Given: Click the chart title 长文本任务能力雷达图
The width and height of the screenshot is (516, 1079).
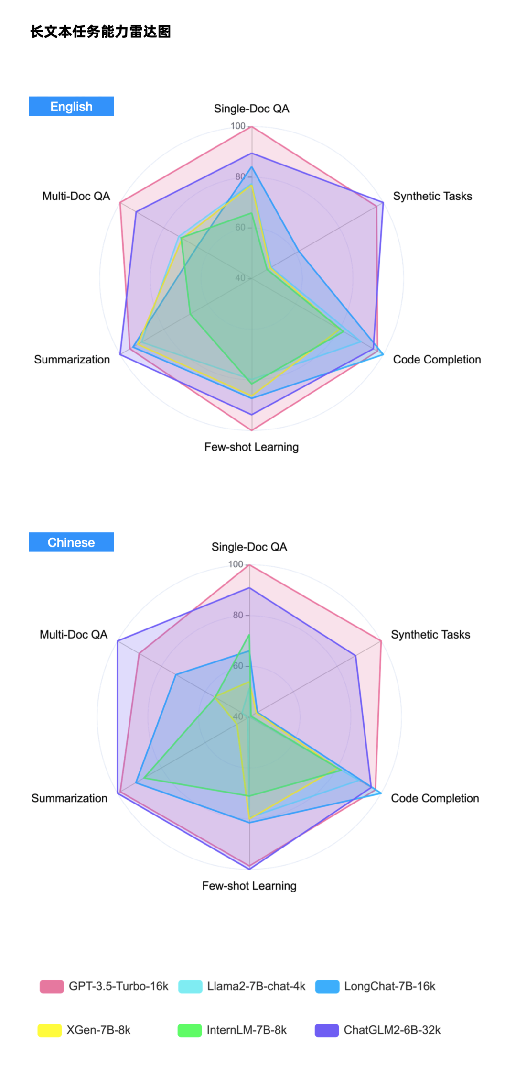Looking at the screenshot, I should (x=100, y=32).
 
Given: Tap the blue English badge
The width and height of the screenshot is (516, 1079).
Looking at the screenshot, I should (x=71, y=106).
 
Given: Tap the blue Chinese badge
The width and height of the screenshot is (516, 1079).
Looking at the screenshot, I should (x=71, y=542).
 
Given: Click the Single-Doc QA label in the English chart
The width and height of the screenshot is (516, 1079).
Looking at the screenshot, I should (x=251, y=109).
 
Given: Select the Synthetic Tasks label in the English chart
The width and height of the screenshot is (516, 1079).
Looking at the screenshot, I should (x=432, y=196).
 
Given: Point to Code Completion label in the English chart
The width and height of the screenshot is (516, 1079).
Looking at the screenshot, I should (x=437, y=360).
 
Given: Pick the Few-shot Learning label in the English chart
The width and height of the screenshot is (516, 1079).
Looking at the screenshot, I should (x=251, y=447).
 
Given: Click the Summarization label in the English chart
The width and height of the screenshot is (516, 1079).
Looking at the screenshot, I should (x=72, y=360).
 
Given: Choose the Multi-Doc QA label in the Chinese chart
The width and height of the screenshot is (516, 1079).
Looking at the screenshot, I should (x=74, y=635).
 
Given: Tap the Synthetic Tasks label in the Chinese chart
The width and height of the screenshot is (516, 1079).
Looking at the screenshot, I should (x=430, y=635).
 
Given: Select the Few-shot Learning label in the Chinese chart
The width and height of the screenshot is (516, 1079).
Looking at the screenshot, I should (x=249, y=886).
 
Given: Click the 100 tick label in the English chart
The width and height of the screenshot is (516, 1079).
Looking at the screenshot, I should (x=238, y=126).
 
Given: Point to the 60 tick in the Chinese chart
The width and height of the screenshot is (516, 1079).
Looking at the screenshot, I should (x=238, y=666).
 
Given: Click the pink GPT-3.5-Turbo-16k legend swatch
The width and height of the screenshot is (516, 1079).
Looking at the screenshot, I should (x=52, y=986).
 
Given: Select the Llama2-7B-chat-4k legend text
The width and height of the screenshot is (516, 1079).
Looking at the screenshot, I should (x=256, y=986).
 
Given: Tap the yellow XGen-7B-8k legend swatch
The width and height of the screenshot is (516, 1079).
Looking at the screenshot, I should (x=50, y=1030).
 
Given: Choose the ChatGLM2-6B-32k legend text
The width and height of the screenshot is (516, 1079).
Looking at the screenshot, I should (x=392, y=1030).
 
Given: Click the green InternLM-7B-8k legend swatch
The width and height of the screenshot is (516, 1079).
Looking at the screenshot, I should (x=190, y=1030).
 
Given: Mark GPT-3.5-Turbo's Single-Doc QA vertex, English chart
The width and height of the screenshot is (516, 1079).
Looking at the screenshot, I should (x=252, y=126).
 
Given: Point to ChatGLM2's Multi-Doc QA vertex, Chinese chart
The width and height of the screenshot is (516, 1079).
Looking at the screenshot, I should (x=118, y=640).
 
